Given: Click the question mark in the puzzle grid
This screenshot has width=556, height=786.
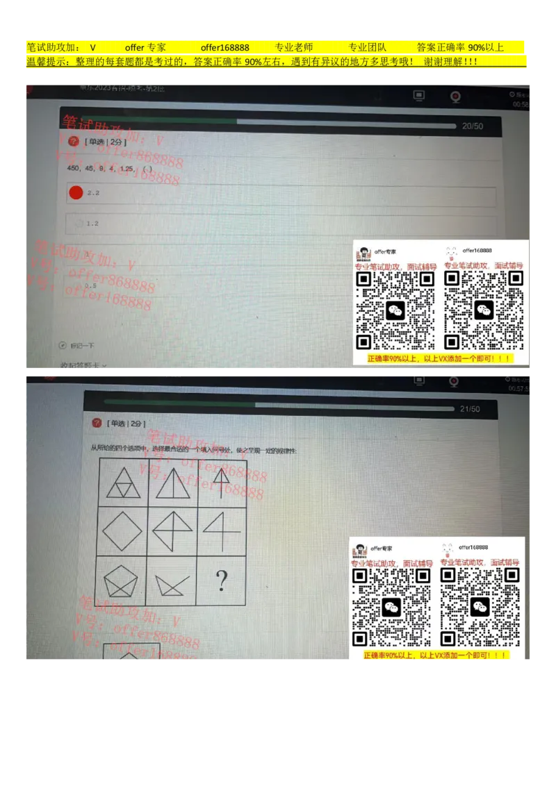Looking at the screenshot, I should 221,580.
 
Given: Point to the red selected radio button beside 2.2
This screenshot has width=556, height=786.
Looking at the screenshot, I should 76,192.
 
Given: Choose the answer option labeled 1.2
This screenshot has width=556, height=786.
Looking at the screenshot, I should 92,224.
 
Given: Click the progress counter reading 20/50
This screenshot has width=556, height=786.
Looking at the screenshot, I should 473,126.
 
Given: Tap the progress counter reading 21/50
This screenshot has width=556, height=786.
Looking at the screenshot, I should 470,409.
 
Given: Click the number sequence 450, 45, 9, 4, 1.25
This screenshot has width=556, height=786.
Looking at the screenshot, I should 100,169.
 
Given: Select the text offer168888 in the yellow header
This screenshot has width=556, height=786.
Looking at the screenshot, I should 224,48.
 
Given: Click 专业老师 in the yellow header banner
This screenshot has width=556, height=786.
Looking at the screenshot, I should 294,48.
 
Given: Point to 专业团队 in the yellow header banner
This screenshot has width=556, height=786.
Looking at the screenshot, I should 367,48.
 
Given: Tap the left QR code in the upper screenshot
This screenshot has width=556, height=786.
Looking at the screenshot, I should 395,310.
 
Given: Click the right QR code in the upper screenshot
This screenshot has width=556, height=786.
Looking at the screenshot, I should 484,310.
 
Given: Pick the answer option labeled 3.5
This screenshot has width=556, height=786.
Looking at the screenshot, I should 90,285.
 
